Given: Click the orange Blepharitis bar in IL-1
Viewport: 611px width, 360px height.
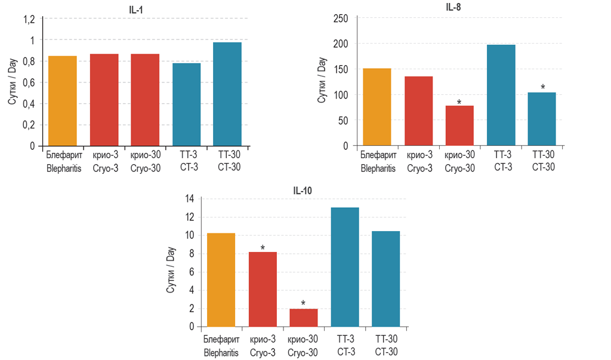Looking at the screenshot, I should click(63, 101).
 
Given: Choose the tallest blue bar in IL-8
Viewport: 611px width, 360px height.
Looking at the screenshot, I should click(501, 95).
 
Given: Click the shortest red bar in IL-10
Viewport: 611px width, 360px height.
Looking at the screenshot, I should click(304, 318).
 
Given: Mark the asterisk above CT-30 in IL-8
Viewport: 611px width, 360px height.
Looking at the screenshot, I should click(542, 88).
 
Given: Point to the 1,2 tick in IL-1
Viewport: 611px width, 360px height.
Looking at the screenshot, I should click(29, 19).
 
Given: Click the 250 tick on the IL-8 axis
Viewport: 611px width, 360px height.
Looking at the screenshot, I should click(341, 19).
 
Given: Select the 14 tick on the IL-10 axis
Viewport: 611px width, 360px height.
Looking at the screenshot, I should click(189, 199).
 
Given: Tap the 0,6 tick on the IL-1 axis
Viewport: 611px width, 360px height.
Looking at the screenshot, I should click(29, 82).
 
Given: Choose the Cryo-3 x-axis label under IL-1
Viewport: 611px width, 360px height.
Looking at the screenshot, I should click(105, 162).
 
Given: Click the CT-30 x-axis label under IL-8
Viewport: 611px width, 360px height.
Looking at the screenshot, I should click(542, 162).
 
